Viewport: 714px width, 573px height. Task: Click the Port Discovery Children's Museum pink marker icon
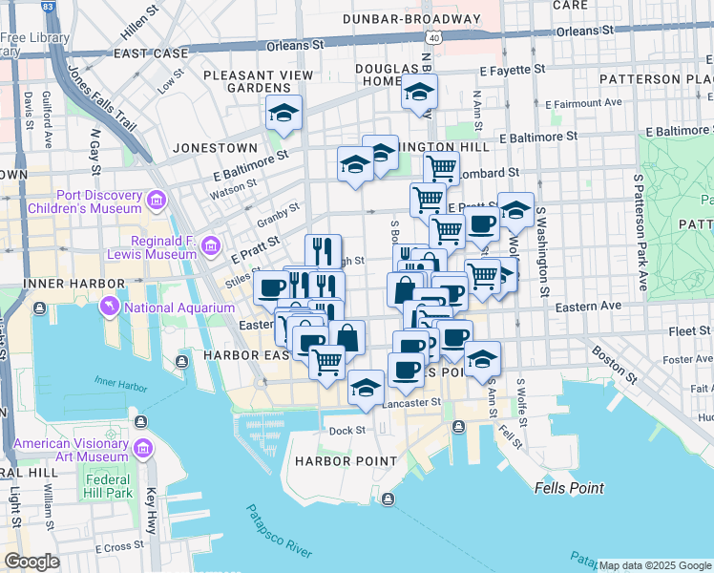tap(156, 201)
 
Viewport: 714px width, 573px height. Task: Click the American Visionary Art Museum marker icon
tap(143, 448)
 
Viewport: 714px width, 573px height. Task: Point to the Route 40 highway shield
tap(433, 36)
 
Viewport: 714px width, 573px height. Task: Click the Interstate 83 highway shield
tap(47, 7)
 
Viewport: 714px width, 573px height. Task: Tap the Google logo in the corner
tap(31, 562)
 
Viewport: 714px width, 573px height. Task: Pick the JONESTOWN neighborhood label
tap(215, 148)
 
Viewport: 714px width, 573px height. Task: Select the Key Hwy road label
tap(153, 503)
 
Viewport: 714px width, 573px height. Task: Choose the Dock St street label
tap(347, 430)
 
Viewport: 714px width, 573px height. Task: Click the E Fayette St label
tap(512, 70)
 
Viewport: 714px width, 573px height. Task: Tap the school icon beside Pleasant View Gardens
tap(283, 113)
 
